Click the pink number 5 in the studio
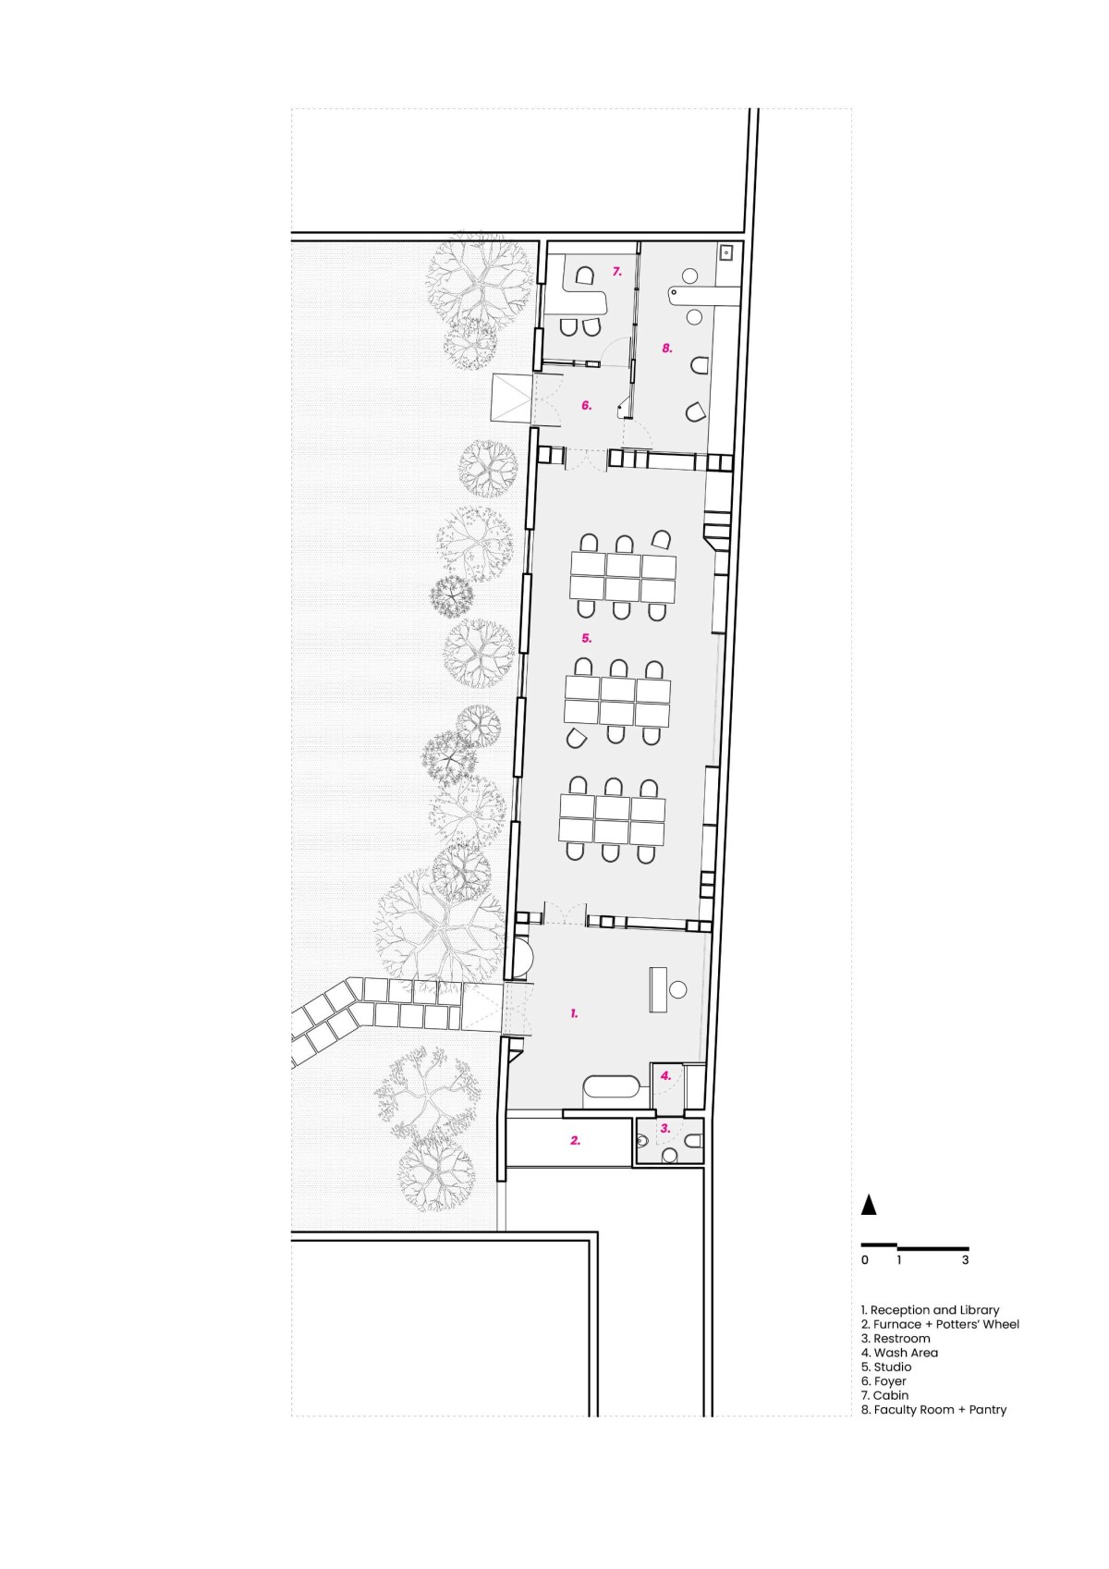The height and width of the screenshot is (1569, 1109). [x=587, y=638]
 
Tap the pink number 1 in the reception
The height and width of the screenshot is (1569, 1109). [x=574, y=1012]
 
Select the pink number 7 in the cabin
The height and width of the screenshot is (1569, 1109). [x=616, y=271]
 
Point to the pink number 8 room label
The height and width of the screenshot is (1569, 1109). [x=667, y=348]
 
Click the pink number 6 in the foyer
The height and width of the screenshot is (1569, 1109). [x=587, y=405]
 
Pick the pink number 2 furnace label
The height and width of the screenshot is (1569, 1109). [x=576, y=1140]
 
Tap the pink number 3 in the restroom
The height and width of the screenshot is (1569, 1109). [x=665, y=1128]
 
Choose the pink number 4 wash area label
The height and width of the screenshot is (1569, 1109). [x=665, y=1075]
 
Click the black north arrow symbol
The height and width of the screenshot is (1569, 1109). [x=869, y=1204]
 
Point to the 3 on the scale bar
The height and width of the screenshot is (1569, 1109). [x=966, y=1260]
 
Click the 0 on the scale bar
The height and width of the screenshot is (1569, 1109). [x=865, y=1260]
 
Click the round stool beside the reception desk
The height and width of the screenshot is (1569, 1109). [x=677, y=989]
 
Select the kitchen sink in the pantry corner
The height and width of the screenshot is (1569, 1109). [x=725, y=251]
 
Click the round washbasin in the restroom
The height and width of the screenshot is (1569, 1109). [x=670, y=1155]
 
